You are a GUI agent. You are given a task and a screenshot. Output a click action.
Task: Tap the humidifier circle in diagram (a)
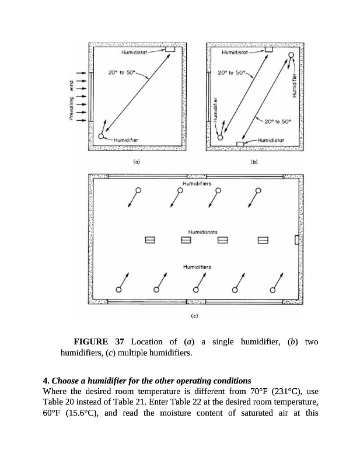101,137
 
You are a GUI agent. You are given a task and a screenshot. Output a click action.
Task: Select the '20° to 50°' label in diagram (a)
121,73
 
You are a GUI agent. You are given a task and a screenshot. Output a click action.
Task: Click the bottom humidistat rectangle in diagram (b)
240,143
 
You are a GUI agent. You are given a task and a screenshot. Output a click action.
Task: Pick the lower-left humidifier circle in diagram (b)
220,138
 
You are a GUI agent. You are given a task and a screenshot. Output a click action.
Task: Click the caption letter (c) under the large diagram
195,315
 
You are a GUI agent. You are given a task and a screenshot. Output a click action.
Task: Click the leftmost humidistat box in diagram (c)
149,240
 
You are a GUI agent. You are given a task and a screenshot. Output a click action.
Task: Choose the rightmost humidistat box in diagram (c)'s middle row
262,240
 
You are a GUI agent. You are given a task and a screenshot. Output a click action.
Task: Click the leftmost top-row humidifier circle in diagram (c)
138,190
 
